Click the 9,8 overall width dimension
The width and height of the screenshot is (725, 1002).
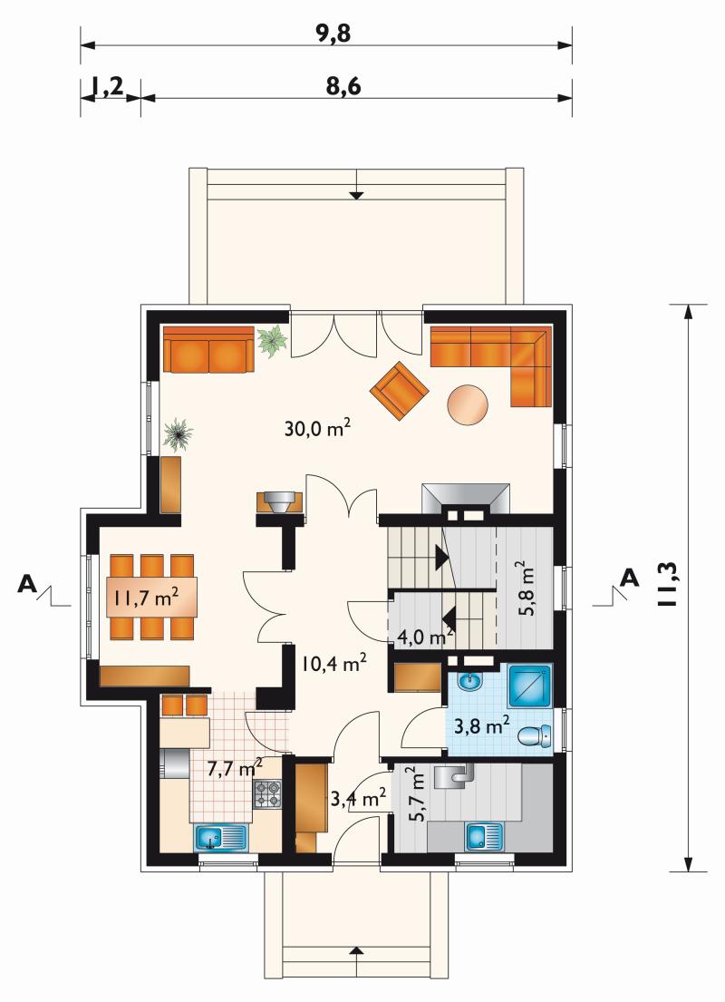click(x=334, y=34)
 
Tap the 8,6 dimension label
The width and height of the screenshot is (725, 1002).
click(x=343, y=85)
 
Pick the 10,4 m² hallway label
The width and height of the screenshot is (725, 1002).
click(x=333, y=663)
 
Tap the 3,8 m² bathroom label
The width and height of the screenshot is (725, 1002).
click(x=481, y=725)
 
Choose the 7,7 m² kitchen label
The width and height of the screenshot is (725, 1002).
click(x=236, y=767)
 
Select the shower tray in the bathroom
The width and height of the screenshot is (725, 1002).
click(x=529, y=686)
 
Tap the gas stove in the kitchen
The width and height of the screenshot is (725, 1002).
click(x=267, y=794)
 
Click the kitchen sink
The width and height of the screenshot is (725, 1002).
click(x=219, y=837)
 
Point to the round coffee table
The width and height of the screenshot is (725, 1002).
click(x=469, y=404)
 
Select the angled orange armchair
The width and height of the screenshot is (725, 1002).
click(x=400, y=391)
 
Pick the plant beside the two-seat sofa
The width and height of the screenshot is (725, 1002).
click(x=273, y=341)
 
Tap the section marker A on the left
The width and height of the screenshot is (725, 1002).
click(x=27, y=583)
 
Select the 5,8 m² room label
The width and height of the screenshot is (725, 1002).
click(x=525, y=588)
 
